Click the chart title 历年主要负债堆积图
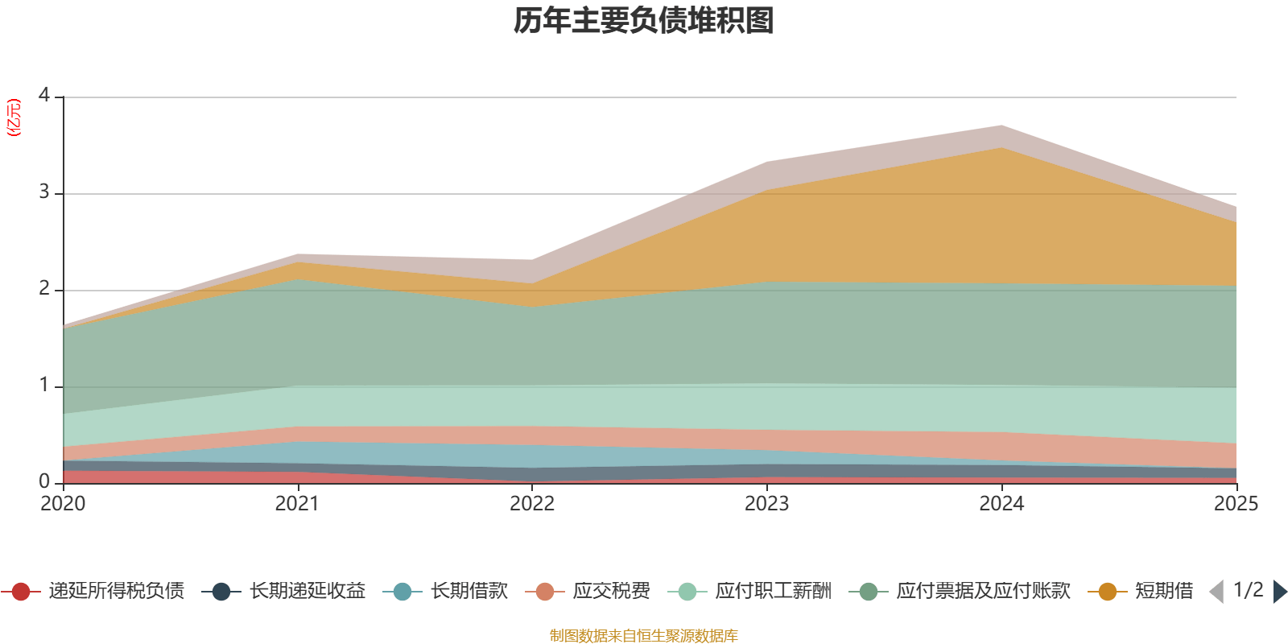point(644,22)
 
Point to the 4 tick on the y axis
point(43,96)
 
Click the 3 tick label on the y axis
point(43,192)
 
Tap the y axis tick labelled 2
point(43,289)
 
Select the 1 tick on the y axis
point(43,386)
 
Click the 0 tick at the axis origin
point(43,482)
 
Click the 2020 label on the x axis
point(63,504)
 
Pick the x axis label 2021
point(297,504)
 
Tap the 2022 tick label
point(532,504)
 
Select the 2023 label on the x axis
point(766,504)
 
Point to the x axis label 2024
point(1001,504)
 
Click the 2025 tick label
point(1235,504)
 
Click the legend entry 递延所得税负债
point(115,592)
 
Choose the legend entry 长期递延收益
point(307,592)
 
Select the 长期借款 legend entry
point(469,592)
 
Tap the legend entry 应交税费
point(611,592)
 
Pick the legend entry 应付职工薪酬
point(773,592)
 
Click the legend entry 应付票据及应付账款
point(982,592)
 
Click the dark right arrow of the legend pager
point(1279,592)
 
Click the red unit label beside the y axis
point(14,118)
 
